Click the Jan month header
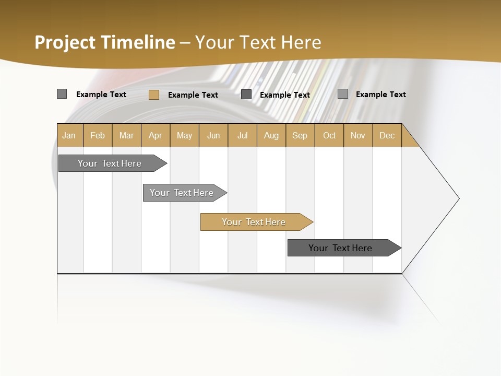69,135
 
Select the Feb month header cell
98,135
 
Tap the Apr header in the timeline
156,135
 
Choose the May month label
184,135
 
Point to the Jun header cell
213,135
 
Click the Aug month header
271,135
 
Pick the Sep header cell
300,135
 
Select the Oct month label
329,135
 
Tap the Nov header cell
358,135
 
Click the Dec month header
387,135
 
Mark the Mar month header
126,135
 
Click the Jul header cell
242,135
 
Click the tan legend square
153,95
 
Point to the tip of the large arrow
458,198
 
